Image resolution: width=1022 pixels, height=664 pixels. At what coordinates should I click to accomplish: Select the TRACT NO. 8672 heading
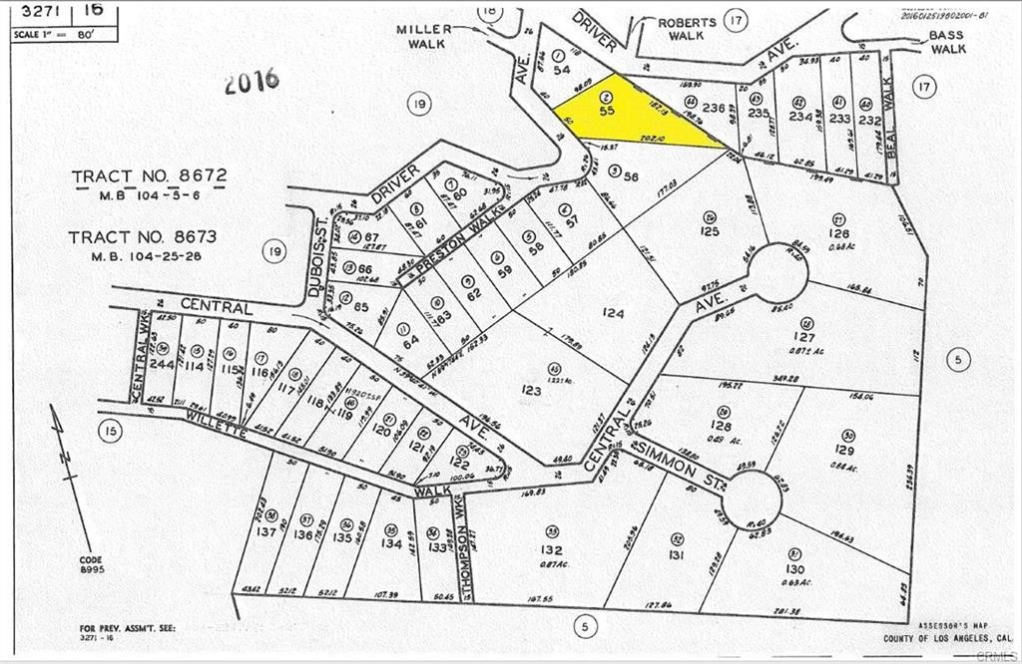150,176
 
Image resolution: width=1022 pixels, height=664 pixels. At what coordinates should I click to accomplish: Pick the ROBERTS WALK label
687,29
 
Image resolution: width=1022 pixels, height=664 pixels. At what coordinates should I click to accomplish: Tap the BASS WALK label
947,41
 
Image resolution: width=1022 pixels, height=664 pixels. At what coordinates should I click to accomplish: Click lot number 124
613,314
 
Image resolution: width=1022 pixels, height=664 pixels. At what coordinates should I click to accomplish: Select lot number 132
551,549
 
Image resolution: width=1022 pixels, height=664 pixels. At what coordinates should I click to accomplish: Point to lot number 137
265,531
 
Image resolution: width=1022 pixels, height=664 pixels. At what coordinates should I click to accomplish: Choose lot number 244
162,365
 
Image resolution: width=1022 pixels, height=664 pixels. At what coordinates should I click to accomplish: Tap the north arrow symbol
62,445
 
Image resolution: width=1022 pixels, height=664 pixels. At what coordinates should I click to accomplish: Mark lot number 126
837,234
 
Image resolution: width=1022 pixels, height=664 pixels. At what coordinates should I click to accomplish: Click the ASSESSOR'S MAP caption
947,629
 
